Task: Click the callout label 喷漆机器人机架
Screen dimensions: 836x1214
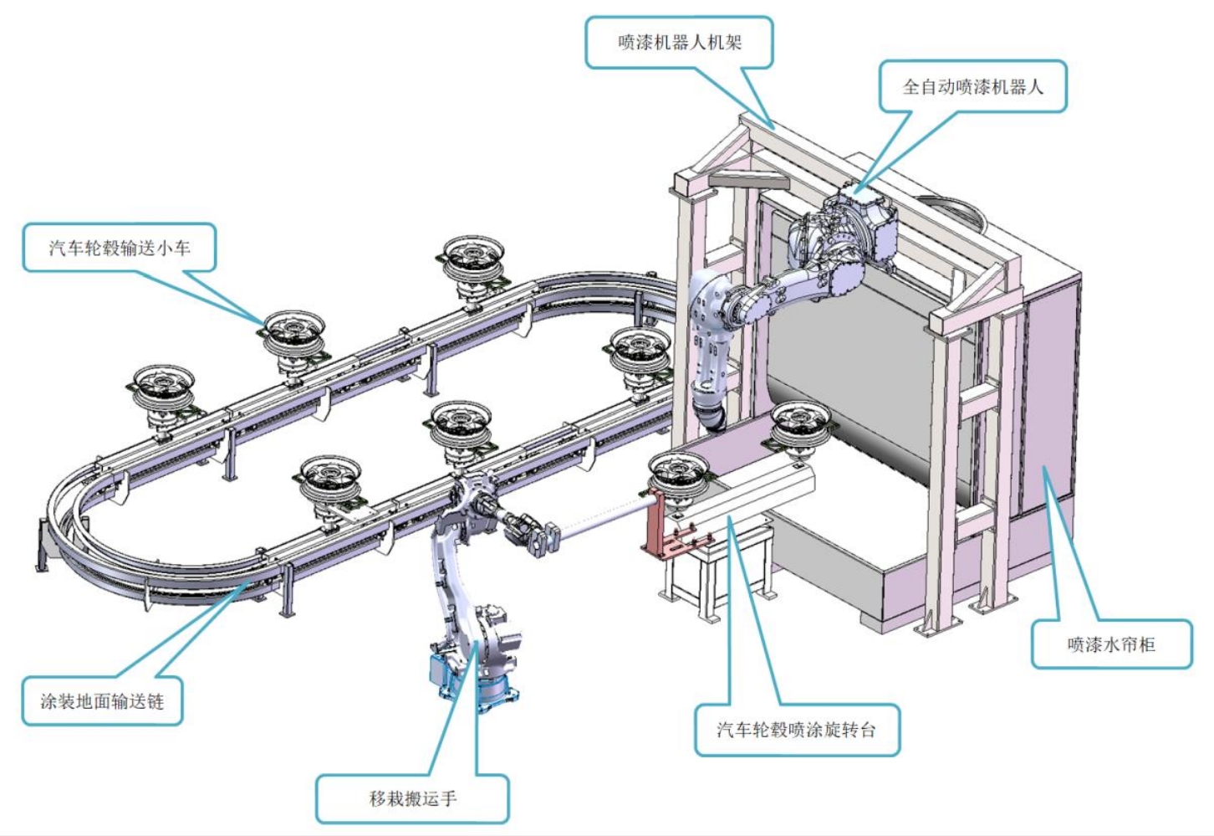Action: tap(679, 42)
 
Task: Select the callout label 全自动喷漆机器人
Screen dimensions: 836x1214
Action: tap(972, 86)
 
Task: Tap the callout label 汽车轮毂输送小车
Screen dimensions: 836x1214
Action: tap(119, 248)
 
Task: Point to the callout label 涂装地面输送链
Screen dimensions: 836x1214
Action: tap(102, 700)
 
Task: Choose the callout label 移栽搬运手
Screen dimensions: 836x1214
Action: tap(412, 798)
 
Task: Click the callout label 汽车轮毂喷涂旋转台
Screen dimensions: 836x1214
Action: tap(796, 729)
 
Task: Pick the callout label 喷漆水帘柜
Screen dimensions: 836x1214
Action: tap(1110, 644)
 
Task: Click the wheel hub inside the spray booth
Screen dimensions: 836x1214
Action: tap(799, 423)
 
